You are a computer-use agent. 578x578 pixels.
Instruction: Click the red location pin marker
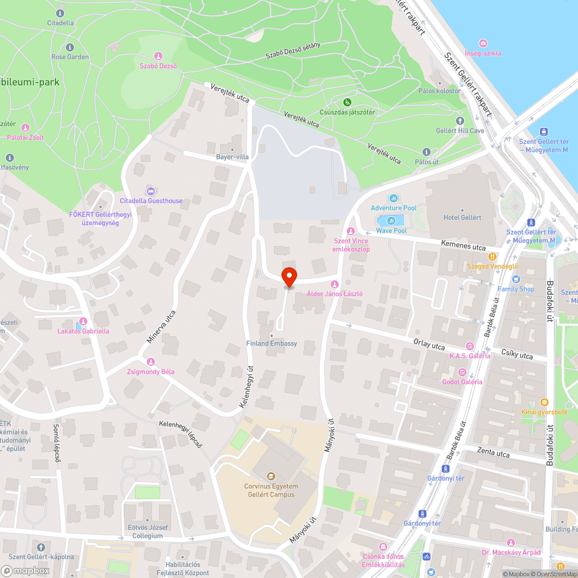click(289, 276)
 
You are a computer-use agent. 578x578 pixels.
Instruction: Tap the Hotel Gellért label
click(462, 217)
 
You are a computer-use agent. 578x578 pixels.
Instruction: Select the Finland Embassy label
click(271, 343)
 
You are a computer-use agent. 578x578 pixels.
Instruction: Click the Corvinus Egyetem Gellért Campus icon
click(269, 476)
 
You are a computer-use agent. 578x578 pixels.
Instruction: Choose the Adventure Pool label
click(393, 208)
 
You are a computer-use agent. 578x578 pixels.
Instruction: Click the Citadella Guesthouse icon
click(151, 191)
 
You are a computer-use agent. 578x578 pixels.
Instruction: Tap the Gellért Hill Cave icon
click(460, 121)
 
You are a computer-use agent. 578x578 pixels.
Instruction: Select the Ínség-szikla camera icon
click(483, 43)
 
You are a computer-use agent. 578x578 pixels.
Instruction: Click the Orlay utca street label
click(429, 344)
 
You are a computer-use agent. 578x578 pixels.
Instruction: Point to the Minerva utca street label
click(160, 327)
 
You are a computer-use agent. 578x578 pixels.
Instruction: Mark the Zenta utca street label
click(494, 453)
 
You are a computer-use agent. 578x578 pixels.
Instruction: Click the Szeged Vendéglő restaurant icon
click(492, 256)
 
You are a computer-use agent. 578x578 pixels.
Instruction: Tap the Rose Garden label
click(70, 57)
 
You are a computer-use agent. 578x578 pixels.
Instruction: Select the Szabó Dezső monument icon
click(158, 56)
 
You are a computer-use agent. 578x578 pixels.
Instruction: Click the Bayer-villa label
click(232, 157)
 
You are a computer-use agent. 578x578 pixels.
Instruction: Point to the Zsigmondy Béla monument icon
click(151, 362)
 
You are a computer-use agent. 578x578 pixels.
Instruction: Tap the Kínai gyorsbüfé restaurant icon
click(544, 402)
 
